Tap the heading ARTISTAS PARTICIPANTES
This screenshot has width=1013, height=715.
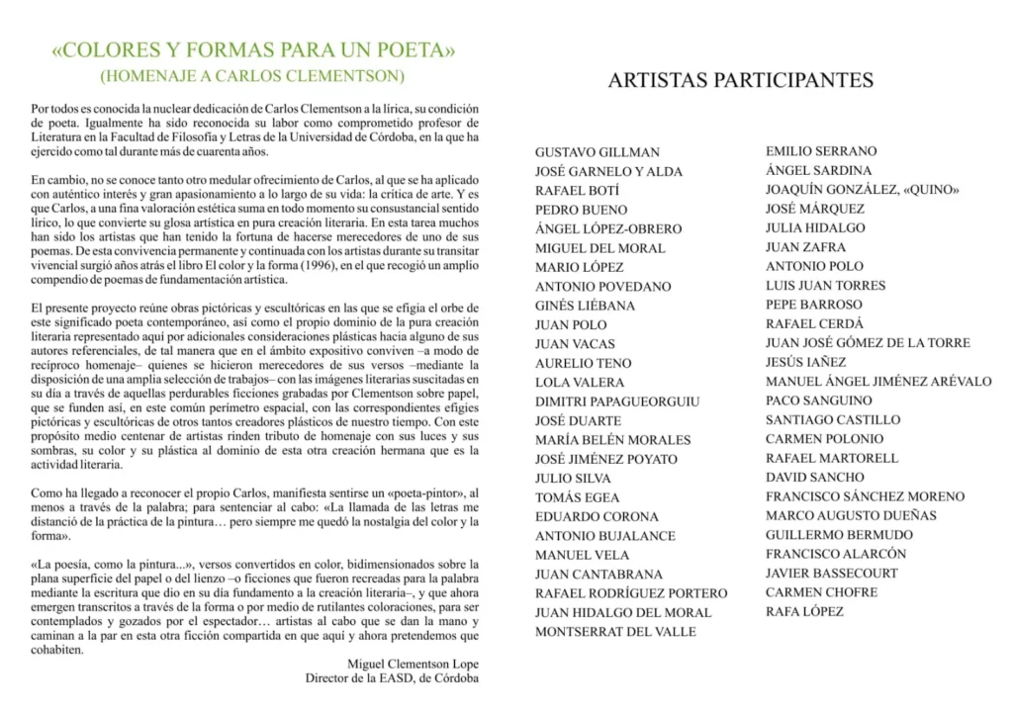click(740, 81)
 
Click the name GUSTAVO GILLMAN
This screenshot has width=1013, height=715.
click(597, 152)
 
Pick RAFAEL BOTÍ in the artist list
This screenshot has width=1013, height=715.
click(577, 191)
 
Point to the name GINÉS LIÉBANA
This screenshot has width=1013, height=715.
click(585, 306)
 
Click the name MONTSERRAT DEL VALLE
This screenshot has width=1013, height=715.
click(615, 632)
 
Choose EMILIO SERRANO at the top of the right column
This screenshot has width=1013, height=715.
click(821, 151)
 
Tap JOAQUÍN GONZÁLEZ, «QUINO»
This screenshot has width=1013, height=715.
click(863, 190)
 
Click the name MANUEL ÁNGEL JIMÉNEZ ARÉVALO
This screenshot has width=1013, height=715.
click(878, 382)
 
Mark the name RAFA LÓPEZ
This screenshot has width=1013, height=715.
click(804, 612)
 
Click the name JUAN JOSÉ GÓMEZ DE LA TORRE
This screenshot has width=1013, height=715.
click(868, 343)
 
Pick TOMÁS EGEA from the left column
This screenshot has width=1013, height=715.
click(577, 497)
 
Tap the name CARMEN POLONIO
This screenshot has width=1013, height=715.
click(824, 439)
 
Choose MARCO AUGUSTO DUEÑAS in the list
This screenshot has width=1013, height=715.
click(851, 515)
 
